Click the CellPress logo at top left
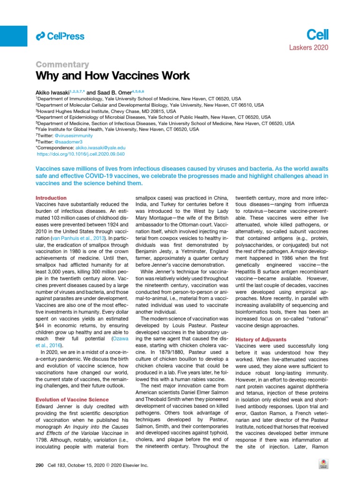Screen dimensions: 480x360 60,36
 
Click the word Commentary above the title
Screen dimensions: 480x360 62,64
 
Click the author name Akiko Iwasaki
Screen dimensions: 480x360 53,93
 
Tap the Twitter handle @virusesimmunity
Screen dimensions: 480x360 77,135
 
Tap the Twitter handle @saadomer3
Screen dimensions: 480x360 70,141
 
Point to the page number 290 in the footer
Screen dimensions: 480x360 39,465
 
